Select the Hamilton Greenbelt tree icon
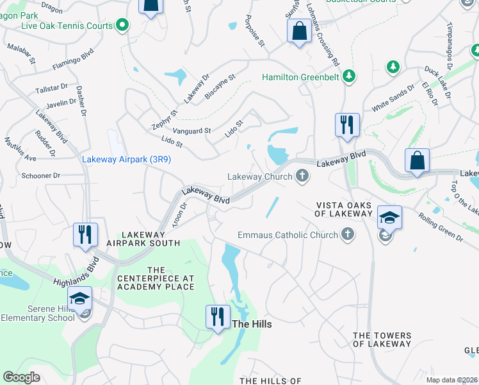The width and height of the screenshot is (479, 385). (349, 77)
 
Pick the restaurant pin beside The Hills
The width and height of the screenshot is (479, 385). (218, 317)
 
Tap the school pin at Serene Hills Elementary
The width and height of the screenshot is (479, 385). (80, 299)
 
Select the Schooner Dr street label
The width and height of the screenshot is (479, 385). (40, 175)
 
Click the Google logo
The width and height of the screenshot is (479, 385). (21, 377)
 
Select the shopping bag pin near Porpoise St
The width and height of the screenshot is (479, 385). (299, 31)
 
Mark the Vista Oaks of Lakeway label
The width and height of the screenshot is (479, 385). (343, 210)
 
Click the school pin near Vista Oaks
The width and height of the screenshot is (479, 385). (389, 218)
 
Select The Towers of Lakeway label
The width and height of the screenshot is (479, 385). (382, 339)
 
